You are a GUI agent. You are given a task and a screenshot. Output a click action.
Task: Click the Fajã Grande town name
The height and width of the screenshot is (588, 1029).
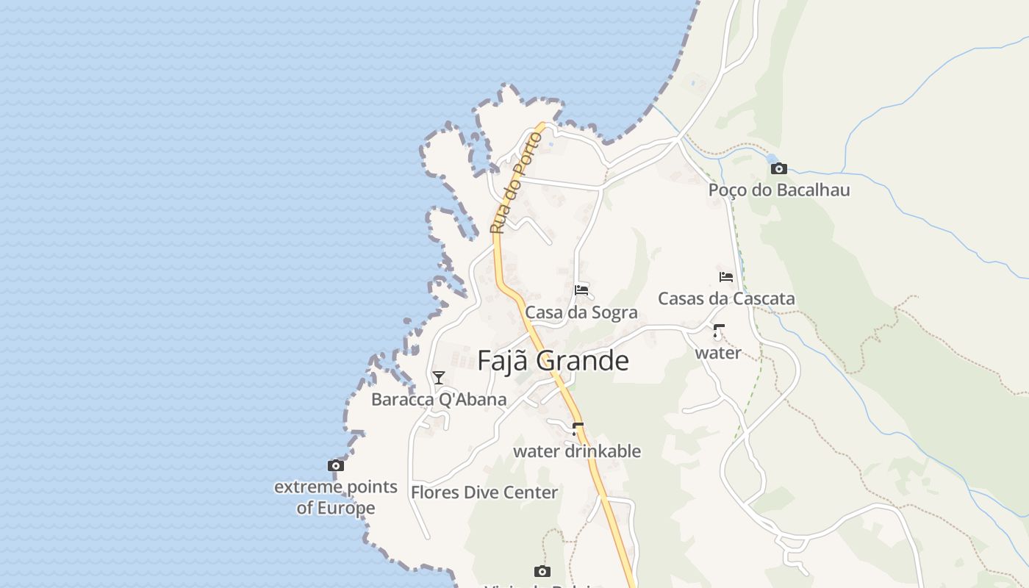tap(553, 361)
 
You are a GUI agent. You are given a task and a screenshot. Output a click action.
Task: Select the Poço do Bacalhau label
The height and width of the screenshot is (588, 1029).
tap(778, 190)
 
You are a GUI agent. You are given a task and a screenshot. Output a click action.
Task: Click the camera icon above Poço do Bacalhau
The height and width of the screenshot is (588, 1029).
tap(778, 169)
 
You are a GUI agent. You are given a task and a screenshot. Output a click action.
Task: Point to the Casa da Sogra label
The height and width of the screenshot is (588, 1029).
tap(581, 312)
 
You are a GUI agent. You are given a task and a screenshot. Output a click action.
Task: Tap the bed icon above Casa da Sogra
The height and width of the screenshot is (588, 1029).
tap(581, 290)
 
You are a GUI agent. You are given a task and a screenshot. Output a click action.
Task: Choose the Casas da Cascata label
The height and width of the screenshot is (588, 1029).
tap(726, 298)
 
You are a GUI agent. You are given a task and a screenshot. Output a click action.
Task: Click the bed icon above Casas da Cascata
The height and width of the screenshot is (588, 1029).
tap(726, 277)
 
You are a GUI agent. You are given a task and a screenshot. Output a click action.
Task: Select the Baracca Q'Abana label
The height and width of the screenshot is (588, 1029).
tap(439, 400)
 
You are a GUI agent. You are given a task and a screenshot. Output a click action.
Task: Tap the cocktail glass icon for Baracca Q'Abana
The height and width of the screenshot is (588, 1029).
tap(439, 378)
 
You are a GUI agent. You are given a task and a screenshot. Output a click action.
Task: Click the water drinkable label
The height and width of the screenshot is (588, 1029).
tap(577, 451)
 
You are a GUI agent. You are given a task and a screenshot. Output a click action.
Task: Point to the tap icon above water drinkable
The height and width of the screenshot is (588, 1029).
tap(577, 428)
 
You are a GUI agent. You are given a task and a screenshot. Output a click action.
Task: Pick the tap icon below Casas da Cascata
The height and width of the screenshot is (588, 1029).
tap(718, 331)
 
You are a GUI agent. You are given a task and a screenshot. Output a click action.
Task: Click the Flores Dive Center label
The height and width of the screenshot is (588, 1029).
tap(484, 492)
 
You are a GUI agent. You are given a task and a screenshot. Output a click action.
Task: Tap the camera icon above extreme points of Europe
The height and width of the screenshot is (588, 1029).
tap(336, 465)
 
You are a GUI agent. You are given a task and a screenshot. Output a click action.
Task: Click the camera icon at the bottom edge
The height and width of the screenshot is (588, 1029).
tap(542, 571)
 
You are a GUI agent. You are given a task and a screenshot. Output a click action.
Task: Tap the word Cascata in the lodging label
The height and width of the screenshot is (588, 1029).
tap(765, 298)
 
